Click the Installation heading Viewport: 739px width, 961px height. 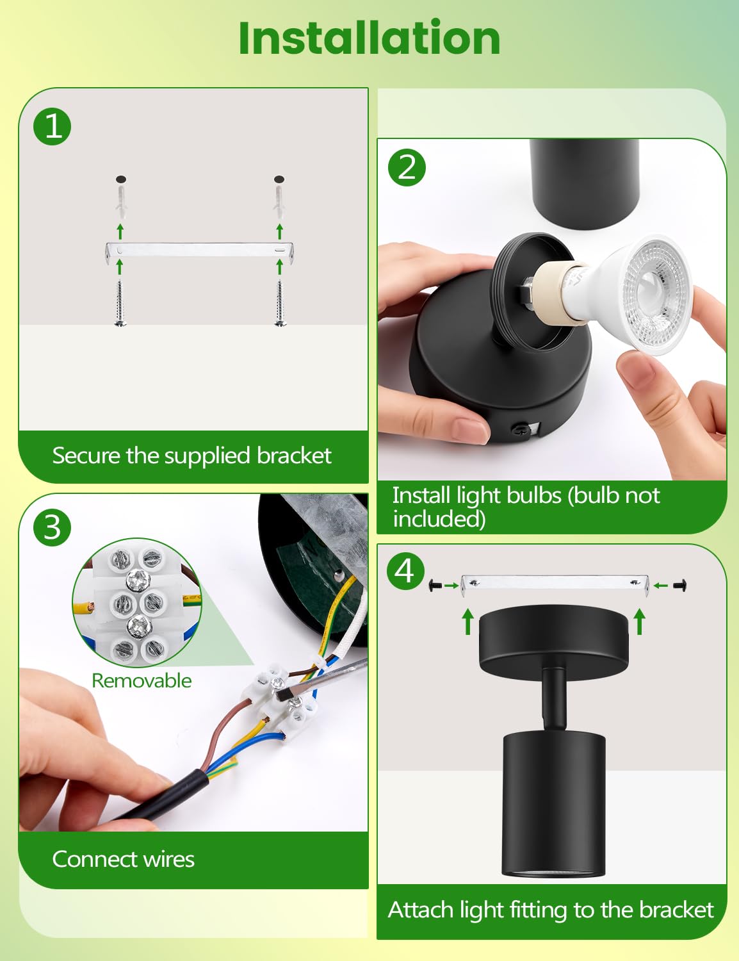tap(369, 38)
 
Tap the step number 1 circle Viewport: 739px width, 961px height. tap(52, 126)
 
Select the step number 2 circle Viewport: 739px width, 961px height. tap(407, 168)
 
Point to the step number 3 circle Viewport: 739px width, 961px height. tap(52, 527)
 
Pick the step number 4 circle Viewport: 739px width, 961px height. tap(406, 571)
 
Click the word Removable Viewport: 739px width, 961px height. tap(142, 680)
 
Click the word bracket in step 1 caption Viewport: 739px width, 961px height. tap(294, 456)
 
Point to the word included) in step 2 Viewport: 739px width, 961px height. tap(439, 519)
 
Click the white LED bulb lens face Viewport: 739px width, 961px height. tap(658, 294)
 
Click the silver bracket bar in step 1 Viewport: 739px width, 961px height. tap(199, 250)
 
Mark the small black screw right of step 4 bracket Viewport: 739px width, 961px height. tap(680, 586)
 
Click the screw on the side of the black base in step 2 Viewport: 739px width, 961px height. tap(518, 429)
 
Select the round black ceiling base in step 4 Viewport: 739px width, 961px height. tap(555, 636)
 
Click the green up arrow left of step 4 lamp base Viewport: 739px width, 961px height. tap(468, 622)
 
